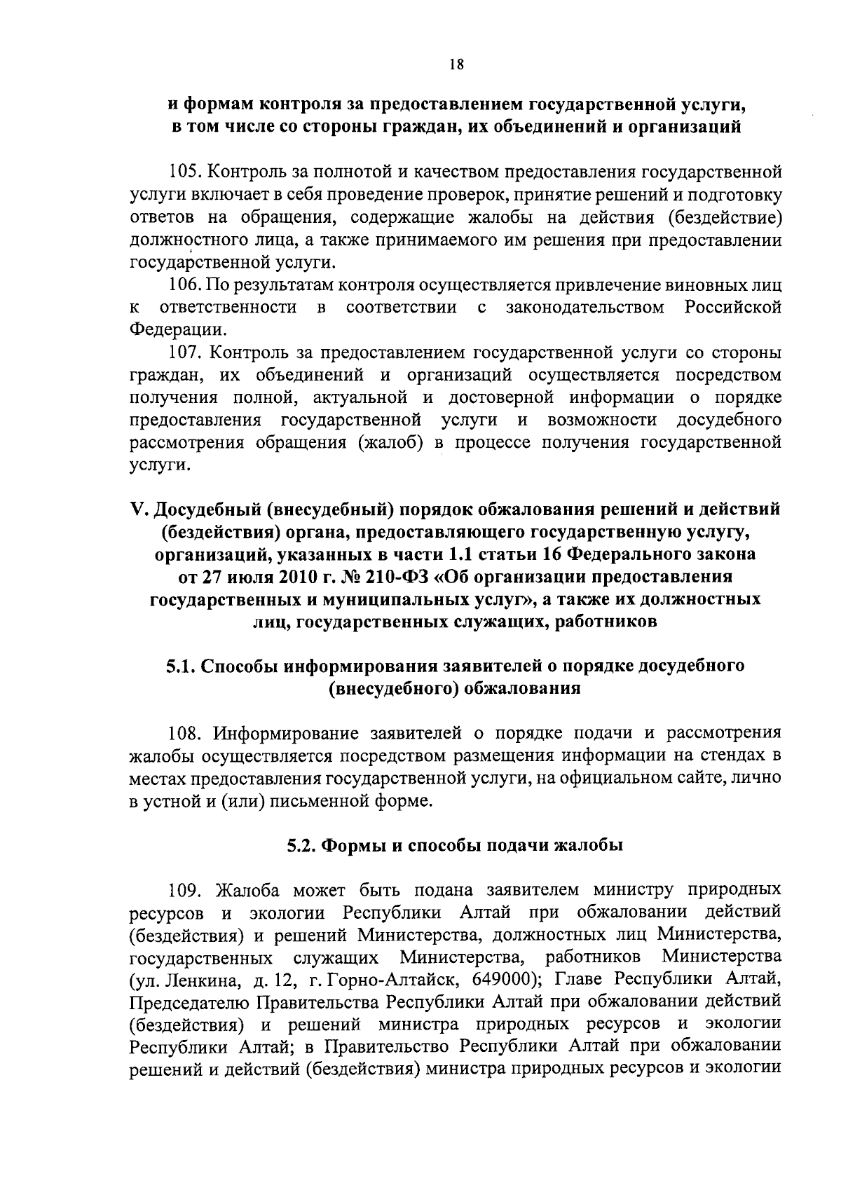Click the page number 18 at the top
point(456,65)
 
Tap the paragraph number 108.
point(185,734)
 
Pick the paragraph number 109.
point(185,891)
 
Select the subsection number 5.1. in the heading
point(182,666)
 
